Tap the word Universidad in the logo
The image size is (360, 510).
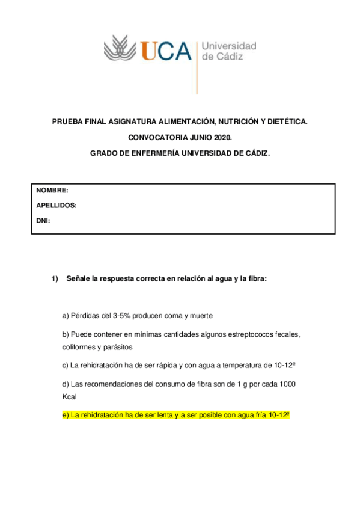[228, 46]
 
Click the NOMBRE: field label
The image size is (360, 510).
[52, 190]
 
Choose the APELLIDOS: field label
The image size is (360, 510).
[56, 205]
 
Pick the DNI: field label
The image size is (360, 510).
[43, 221]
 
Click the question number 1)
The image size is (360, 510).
[56, 279]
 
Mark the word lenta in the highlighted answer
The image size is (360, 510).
[162, 416]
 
